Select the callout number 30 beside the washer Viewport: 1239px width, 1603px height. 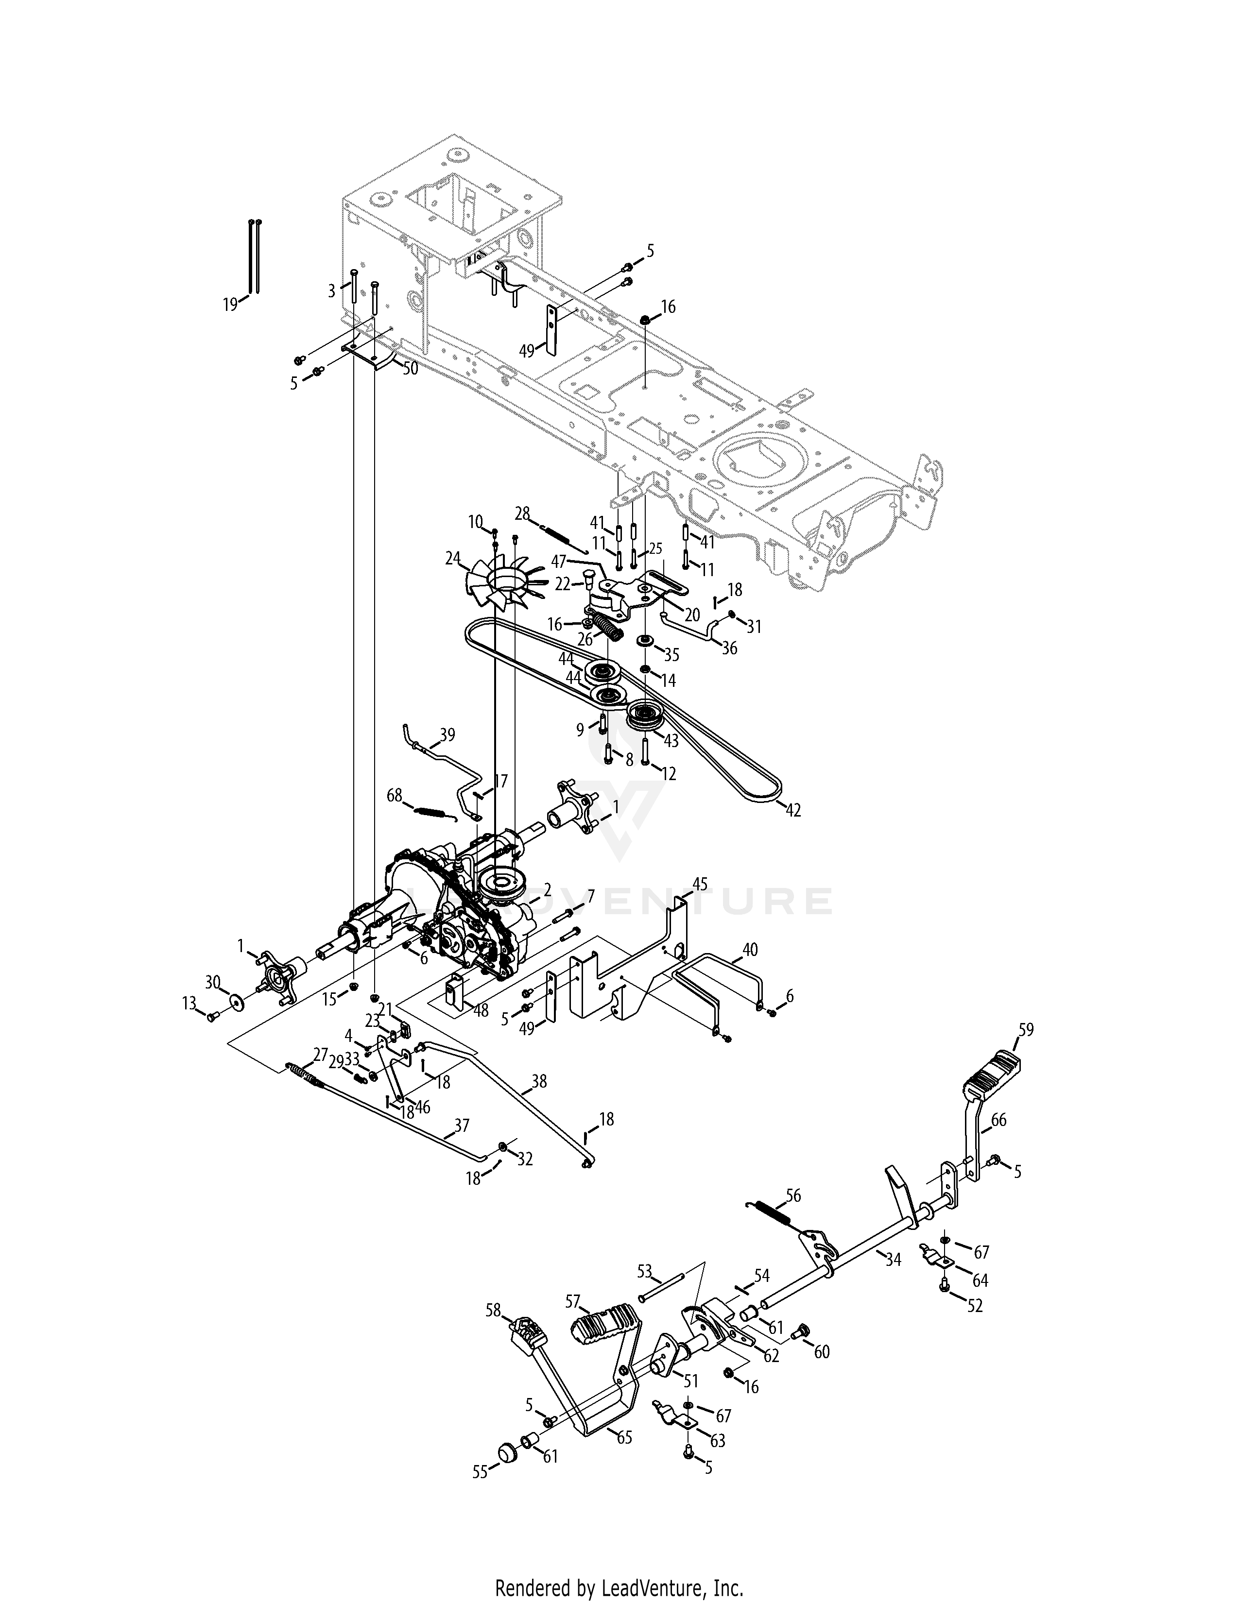pos(213,982)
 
